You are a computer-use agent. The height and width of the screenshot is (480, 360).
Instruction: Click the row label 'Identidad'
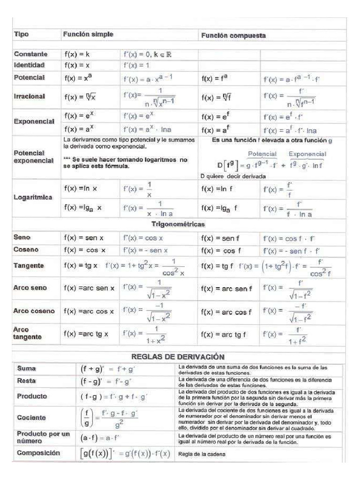pyautogui.click(x=30, y=65)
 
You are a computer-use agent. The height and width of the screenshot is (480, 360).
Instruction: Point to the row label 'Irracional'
pyautogui.click(x=30, y=96)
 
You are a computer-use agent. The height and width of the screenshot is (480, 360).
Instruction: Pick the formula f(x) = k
pyautogui.click(x=77, y=54)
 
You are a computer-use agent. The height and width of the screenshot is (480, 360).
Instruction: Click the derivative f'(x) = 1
pyautogui.click(x=136, y=65)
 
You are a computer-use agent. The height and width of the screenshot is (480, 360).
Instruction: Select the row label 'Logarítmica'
pyautogui.click(x=32, y=198)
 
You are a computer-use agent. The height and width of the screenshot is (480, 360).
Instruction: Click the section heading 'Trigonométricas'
pyautogui.click(x=178, y=224)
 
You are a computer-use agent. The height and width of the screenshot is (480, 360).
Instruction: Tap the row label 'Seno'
pyautogui.click(x=22, y=238)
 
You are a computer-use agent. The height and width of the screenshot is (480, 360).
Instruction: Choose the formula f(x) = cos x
pyautogui.click(x=85, y=250)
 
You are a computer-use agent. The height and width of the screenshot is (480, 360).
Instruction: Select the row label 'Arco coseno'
pyautogui.click(x=34, y=311)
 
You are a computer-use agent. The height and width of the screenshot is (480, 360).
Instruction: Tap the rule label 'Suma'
pyautogui.click(x=26, y=369)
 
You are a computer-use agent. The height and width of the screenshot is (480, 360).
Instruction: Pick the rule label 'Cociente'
pyautogui.click(x=31, y=417)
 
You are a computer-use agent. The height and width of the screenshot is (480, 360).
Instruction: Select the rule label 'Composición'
pyautogui.click(x=38, y=453)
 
